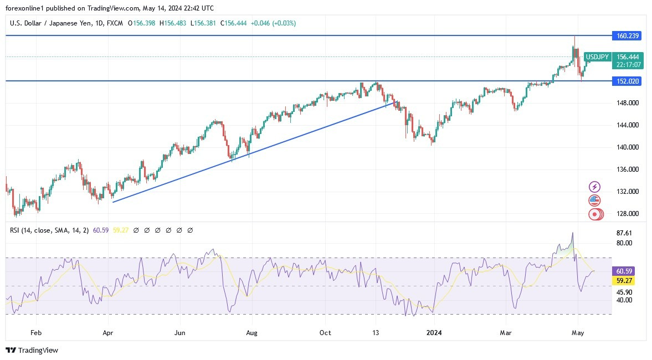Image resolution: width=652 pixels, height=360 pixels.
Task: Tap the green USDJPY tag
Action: [598, 57]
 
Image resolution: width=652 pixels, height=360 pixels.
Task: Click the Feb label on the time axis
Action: [36, 333]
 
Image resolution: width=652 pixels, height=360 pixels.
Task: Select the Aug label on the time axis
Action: [252, 333]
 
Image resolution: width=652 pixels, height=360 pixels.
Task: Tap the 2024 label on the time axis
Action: [434, 333]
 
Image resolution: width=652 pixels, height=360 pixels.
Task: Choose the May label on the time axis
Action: [578, 333]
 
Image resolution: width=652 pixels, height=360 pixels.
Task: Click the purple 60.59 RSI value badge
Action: [624, 271]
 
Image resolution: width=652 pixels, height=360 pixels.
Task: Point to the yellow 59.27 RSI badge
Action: [624, 281]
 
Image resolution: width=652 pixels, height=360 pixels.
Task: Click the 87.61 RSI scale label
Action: [624, 233]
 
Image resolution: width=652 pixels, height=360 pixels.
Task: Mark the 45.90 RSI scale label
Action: [624, 292]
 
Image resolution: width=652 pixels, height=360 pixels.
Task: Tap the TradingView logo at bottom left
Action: [32, 350]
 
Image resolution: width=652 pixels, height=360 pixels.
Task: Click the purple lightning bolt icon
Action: [594, 187]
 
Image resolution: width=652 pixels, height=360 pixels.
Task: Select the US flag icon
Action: [594, 200]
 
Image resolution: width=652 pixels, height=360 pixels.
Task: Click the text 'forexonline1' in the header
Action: [24, 8]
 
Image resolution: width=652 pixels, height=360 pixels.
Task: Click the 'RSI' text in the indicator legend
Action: [16, 230]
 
